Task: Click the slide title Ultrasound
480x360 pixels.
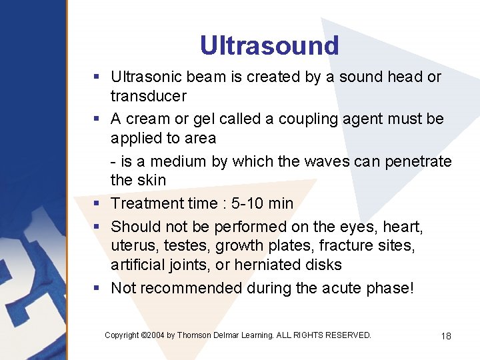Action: [x=269, y=45]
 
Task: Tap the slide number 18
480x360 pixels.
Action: [x=446, y=336]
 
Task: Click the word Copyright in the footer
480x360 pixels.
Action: [x=122, y=335]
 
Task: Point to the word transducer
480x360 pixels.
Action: [x=149, y=96]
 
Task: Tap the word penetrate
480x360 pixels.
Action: [x=420, y=161]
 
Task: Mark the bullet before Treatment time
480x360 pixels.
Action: [x=97, y=203]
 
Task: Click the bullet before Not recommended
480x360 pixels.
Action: [x=97, y=288]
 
